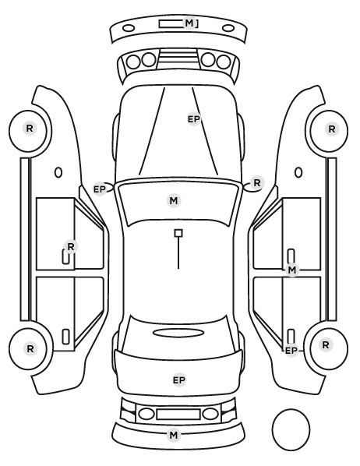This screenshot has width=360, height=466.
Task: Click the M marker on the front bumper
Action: tap(189, 23)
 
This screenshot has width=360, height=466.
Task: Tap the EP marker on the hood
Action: tap(194, 119)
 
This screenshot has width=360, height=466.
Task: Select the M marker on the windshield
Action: tap(174, 200)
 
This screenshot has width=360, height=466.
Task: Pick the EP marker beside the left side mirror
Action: tap(100, 189)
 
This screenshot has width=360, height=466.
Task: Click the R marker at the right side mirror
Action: tap(257, 183)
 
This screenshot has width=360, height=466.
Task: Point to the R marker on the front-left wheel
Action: tap(30, 129)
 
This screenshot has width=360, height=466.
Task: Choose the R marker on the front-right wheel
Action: tap(332, 129)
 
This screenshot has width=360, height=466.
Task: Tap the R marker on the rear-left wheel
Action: tap(30, 349)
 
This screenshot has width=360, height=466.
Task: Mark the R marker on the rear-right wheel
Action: tap(326, 345)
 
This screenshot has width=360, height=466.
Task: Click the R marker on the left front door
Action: tap(71, 247)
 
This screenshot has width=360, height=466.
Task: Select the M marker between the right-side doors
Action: tap(292, 270)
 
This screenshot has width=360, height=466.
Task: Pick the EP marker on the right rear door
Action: tap(291, 351)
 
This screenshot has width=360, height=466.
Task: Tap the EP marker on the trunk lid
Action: tap(179, 380)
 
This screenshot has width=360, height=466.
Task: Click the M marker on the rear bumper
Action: tap(174, 436)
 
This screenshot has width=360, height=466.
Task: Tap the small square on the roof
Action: tap(178, 233)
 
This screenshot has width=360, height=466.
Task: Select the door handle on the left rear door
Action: tap(65, 337)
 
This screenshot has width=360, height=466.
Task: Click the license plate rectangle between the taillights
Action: tap(178, 414)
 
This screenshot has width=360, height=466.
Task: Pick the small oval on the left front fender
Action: tap(58, 173)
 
